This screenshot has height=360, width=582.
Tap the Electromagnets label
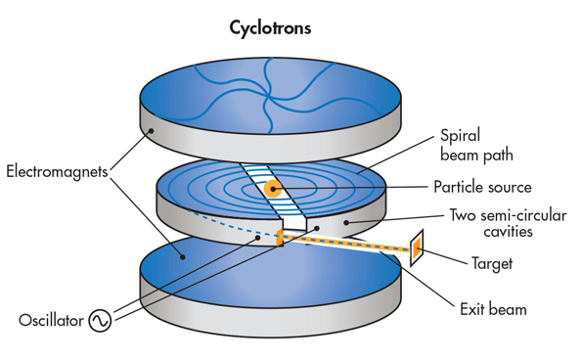(x=56, y=173)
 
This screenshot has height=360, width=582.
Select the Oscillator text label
(x=52, y=321)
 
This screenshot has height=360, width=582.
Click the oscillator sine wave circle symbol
(x=101, y=321)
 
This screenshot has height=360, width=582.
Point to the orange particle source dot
(x=273, y=188)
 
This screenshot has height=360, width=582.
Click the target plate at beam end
(x=416, y=249)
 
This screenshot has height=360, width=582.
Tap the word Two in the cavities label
(x=462, y=214)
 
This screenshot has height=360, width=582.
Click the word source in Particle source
(x=511, y=187)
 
